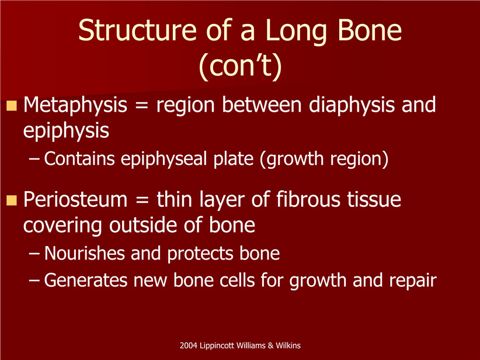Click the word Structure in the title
point(137,30)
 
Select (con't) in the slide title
point(241,66)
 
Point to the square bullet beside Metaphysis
point(12,106)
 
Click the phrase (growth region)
point(324,160)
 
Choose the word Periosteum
point(75,200)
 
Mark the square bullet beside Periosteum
point(12,200)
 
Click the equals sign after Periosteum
point(142,200)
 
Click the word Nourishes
point(85,254)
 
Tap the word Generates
point(86,280)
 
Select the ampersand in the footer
point(270,345)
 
